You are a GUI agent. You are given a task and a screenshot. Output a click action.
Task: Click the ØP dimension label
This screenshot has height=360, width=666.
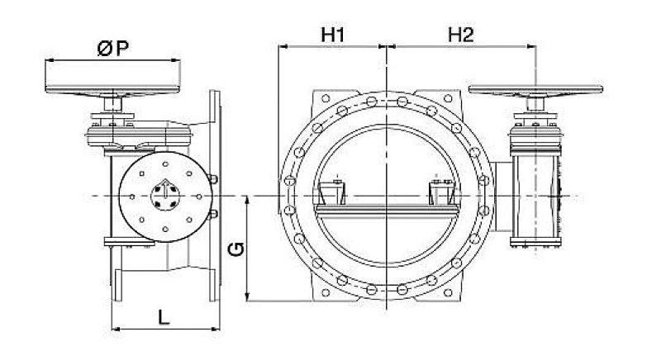pos(112,49)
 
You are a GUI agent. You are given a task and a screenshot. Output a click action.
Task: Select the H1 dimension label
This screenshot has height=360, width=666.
pos(332,35)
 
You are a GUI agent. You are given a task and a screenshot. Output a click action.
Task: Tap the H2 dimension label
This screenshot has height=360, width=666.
pos(461,35)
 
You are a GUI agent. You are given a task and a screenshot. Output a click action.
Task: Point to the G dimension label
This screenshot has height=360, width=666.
pos(236,249)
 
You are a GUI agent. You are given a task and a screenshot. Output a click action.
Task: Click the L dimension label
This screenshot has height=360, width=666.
pos(164,317)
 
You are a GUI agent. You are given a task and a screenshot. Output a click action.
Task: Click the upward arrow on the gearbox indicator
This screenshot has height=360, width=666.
pos(164,190)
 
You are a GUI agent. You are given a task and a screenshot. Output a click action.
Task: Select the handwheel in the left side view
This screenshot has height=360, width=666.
pos(112,90)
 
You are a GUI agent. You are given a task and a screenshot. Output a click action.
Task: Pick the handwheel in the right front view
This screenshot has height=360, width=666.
pos(535,90)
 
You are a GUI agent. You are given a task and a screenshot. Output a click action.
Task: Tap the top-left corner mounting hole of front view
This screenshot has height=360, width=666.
pos(326,99)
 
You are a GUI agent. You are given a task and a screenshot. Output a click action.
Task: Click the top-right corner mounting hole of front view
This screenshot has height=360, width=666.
pos(448,99)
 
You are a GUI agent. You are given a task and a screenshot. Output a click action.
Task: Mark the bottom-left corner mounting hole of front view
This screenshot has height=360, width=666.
pos(326,292)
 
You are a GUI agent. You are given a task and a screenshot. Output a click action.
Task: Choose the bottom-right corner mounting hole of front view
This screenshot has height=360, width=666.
pos(448,292)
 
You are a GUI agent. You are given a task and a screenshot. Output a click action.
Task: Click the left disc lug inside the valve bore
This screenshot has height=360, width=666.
pos(332,193)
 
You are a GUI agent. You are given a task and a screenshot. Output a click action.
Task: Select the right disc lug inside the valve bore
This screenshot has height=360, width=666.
pos(443,193)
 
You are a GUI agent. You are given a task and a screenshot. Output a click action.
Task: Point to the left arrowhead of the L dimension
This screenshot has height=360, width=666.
pos(115,328)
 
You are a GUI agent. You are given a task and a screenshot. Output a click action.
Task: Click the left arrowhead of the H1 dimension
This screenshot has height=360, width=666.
pos(283,46)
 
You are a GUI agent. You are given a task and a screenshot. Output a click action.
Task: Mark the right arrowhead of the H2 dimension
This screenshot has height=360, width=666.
pos(531,46)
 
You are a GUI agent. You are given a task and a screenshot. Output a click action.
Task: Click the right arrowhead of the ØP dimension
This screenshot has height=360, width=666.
pos(176,60)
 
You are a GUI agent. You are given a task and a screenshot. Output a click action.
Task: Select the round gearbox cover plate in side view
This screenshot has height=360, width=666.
pos(165,197)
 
